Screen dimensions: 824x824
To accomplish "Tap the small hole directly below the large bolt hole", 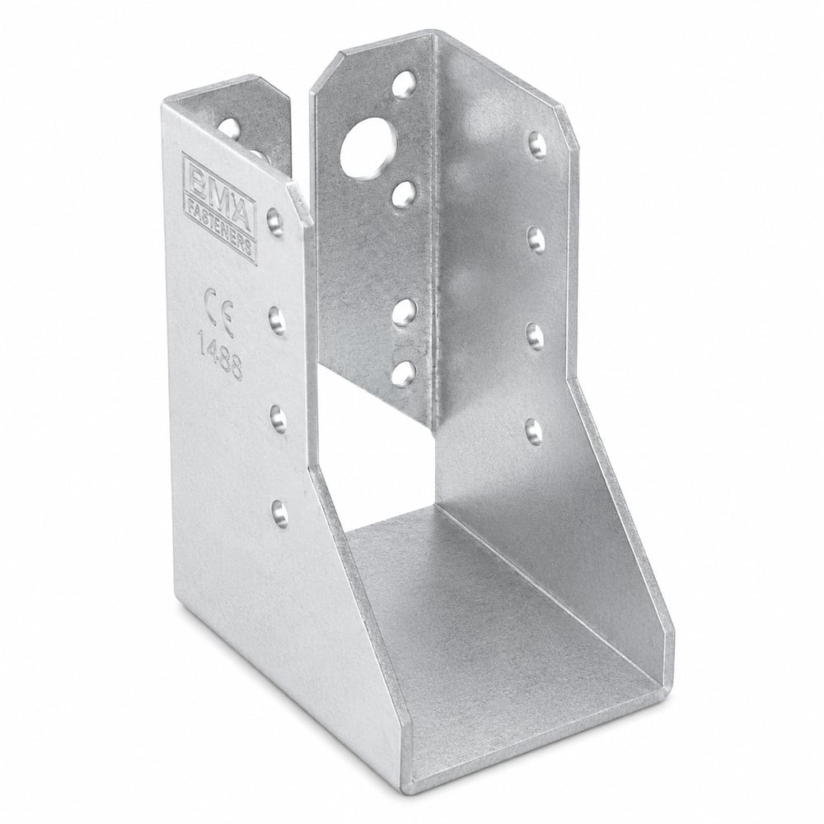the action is pos(404,194).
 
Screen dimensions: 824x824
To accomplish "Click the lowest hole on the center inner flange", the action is pos(404,372).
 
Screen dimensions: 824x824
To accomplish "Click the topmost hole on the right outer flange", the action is pos(536,143).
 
